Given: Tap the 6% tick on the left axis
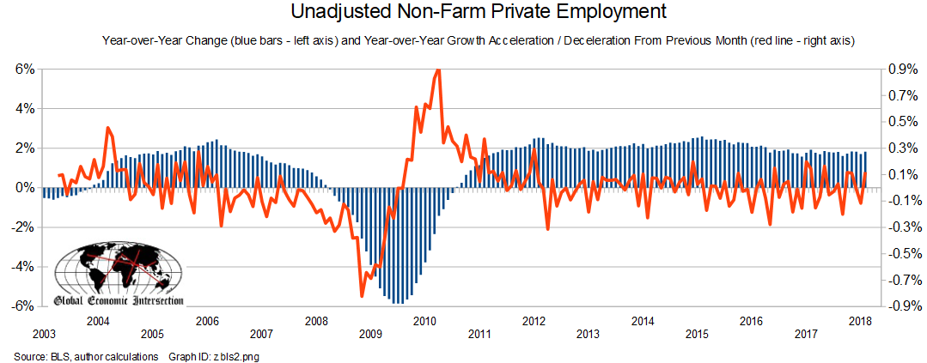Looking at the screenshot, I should (24, 70).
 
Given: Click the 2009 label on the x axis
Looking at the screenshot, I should (370, 334).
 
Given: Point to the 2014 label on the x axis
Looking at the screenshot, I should (643, 321).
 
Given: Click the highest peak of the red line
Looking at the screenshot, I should (438, 70).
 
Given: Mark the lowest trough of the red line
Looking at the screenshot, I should (362, 296).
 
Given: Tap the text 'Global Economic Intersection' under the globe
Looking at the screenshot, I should (118, 300).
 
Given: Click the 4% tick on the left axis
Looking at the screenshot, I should (24, 109).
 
